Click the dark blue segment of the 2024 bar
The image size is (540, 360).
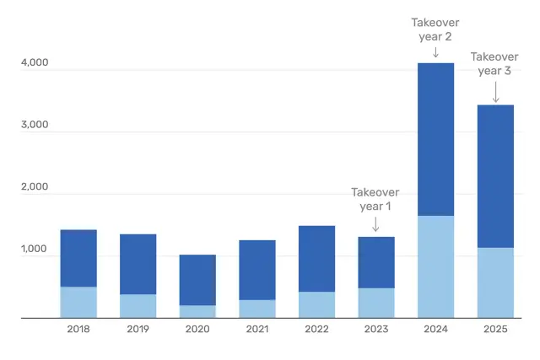(435, 139)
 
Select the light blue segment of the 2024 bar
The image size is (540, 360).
(435, 266)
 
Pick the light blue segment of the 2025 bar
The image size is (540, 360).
(495, 282)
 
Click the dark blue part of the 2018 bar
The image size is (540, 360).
(78, 258)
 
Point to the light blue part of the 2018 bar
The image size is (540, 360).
(78, 302)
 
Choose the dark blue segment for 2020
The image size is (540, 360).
(197, 280)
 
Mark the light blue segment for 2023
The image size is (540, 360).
(376, 303)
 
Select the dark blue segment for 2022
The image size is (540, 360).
(316, 259)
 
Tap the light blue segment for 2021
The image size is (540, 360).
(257, 309)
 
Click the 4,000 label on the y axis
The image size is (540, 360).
(34, 63)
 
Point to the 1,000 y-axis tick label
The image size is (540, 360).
(34, 250)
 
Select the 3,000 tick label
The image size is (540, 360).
(34, 126)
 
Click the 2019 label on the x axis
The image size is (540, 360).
(138, 330)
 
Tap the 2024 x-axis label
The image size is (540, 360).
(435, 330)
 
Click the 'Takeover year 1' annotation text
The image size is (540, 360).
(375, 199)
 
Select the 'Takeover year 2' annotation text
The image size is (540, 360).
(435, 30)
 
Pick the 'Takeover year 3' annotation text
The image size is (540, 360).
(495, 64)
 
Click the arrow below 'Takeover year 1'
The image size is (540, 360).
(375, 224)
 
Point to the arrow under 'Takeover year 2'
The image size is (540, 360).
(435, 52)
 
